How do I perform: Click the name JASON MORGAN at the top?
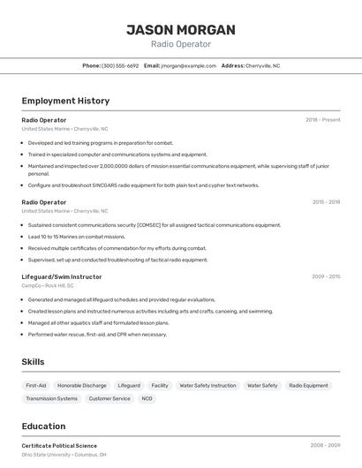point(181,30)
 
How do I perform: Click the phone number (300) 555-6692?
point(120,65)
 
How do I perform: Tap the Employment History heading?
point(65,101)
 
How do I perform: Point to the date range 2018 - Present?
point(323,120)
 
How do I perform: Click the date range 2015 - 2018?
point(326,202)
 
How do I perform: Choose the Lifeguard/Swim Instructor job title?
point(62,276)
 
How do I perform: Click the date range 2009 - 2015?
point(326,276)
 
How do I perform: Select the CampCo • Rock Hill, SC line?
point(48,285)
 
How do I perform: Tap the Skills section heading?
point(34,362)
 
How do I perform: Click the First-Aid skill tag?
point(36,386)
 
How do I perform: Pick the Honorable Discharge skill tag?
point(82,386)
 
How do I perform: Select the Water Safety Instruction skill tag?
point(207,386)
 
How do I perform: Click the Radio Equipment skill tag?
point(308,386)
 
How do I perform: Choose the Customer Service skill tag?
point(109,399)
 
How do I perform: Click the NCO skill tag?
point(147,399)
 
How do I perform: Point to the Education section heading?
point(43,426)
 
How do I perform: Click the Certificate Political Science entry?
point(59,446)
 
